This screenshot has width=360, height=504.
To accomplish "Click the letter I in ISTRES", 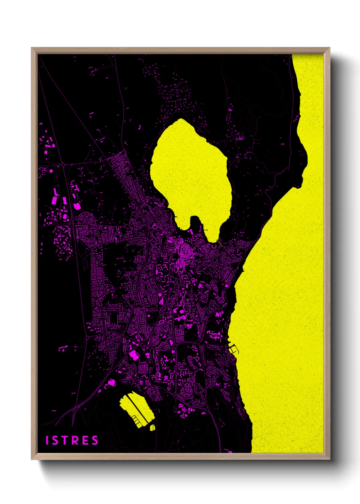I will tap(47, 440).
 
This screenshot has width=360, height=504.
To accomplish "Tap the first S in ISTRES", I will tap(55, 440).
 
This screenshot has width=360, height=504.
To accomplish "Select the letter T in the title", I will tap(65, 440).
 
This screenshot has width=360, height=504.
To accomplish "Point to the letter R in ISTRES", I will tap(75, 440).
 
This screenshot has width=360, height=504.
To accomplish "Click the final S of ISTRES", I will tap(95, 440).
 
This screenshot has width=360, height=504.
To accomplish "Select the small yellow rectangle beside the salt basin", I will tap(152, 427).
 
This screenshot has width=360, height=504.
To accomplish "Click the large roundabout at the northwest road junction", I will tap(64, 165).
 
